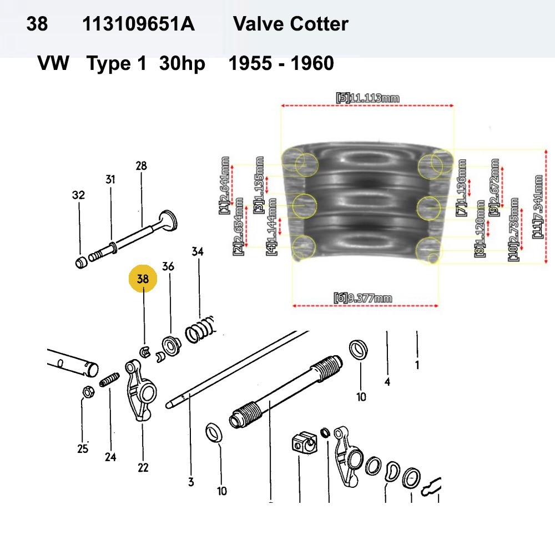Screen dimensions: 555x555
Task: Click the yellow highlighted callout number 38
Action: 143,279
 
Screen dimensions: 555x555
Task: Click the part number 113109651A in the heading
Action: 138,24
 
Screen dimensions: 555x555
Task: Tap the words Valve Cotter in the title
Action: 291,24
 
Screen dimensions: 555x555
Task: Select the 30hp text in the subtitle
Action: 182,64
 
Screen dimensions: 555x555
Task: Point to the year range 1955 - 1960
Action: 281,64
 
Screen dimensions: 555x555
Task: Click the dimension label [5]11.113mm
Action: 367,98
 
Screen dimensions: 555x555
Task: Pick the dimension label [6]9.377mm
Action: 363,298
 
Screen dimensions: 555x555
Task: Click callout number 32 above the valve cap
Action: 78,195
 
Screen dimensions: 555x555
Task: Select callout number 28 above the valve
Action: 142,165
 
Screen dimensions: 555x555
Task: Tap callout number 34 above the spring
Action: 198,251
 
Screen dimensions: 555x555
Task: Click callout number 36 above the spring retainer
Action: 168,266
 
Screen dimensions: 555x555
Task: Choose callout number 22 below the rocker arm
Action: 143,467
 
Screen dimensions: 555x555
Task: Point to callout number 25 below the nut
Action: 83,448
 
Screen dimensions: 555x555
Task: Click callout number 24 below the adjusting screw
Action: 110,457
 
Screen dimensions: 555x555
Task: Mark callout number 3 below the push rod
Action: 191,482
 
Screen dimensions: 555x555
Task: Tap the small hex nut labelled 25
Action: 87,392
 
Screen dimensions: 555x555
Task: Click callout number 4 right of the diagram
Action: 387,381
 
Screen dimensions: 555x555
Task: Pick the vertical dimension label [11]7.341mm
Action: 538,207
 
